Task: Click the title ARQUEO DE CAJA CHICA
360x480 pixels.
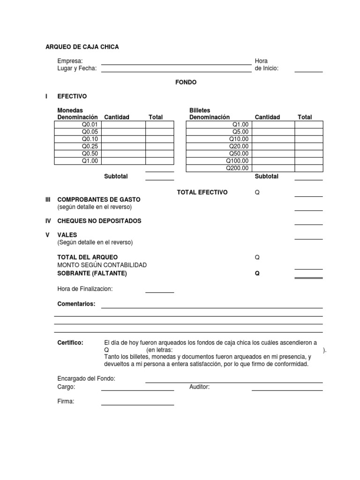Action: point(82,47)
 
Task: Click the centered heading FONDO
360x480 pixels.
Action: point(186,82)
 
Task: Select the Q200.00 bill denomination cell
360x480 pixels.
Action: point(219,168)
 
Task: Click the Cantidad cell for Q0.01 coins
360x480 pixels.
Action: point(123,125)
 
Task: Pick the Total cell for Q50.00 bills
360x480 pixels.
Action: point(308,154)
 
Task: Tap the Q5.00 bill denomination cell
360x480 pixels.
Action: point(219,132)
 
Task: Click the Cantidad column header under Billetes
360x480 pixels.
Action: point(267,117)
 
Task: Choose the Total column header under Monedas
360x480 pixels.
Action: point(156,117)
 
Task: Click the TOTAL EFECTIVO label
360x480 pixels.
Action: point(202,192)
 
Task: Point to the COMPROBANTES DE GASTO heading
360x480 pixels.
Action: point(98,200)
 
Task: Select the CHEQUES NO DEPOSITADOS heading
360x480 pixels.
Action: point(99,221)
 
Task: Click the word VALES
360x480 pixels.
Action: point(67,235)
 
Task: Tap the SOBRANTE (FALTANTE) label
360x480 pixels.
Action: point(92,273)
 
